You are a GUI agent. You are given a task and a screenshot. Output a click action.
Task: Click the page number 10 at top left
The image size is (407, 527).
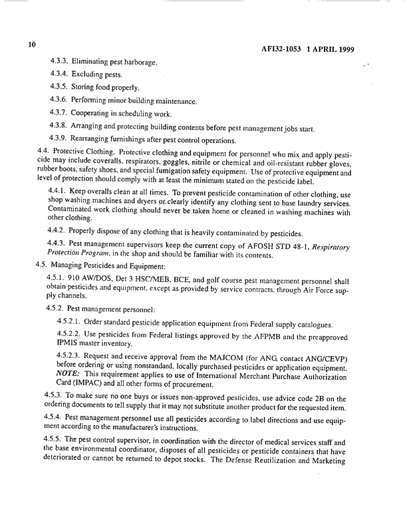click(x=31, y=45)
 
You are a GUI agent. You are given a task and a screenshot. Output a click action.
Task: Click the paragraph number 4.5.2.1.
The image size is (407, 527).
click(x=70, y=324)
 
